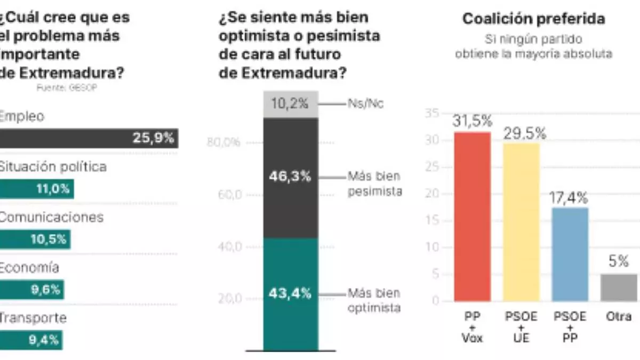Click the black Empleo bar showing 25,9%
pyautogui.click(x=89, y=138)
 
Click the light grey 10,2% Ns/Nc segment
pyautogui.click(x=291, y=104)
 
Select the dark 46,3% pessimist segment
pyautogui.click(x=291, y=177)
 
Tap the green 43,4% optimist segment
pyautogui.click(x=291, y=293)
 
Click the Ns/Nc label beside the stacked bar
pyautogui.click(x=366, y=104)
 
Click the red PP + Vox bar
pyautogui.click(x=472, y=216)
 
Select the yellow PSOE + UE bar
pyautogui.click(x=521, y=221)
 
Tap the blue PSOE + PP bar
pyautogui.click(x=570, y=254)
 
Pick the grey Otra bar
pyautogui.click(x=619, y=287)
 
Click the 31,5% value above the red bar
pyautogui.click(x=472, y=122)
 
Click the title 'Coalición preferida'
pyautogui.click(x=533, y=19)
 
